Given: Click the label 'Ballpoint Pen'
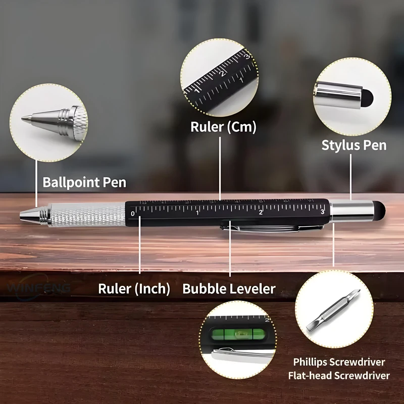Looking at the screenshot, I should (84, 182).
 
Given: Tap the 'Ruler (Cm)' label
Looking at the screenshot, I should (223, 126).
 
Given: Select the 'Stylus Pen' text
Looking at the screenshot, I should (354, 145).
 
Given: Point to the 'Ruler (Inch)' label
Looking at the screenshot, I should (134, 289).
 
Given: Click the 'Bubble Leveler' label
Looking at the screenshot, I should (229, 289).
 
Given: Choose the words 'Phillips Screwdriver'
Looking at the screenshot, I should (339, 362).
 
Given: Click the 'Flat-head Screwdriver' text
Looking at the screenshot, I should (339, 376).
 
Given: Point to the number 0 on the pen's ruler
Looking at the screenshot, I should (133, 214).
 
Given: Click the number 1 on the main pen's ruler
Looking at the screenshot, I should (197, 213).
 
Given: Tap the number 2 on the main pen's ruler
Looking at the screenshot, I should (261, 212).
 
